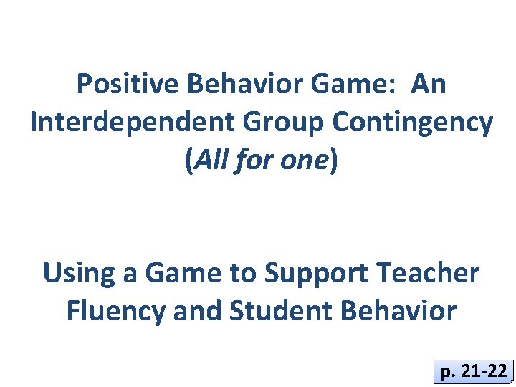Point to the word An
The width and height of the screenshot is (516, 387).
(429, 85)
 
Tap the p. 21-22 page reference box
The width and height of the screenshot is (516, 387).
(474, 372)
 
